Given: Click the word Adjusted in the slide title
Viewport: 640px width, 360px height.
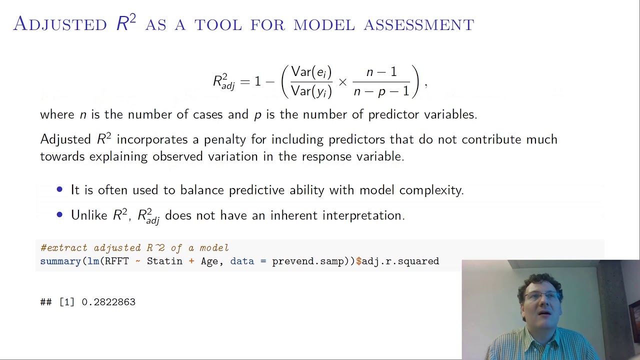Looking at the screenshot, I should [60, 24].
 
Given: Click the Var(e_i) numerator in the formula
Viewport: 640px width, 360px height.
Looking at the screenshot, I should [311, 72].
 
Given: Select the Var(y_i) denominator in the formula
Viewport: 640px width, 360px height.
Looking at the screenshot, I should [311, 91].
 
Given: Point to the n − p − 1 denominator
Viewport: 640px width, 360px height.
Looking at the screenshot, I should [381, 91].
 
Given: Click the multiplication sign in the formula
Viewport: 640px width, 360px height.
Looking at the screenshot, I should [342, 81].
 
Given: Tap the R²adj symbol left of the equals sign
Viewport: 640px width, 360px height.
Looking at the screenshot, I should [223, 81].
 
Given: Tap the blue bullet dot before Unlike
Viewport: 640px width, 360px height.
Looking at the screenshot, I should [60, 215].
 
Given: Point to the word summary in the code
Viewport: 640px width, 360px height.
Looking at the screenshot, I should [60, 261].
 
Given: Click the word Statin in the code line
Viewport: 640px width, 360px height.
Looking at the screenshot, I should [164, 261].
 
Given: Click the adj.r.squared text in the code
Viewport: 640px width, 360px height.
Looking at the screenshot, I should [400, 261].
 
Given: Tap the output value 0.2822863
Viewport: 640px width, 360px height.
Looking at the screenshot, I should [108, 302].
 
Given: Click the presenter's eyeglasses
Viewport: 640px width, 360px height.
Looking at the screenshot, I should [541, 296].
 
